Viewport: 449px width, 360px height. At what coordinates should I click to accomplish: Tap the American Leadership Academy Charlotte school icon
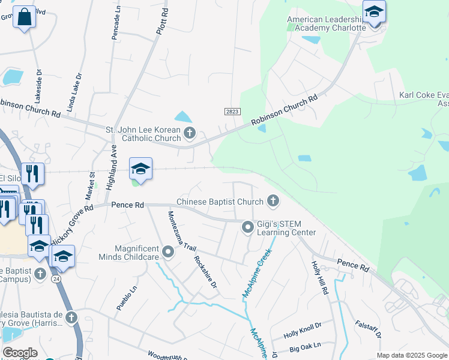point(374,12)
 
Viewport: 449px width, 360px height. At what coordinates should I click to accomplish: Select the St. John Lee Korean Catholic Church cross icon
point(189,133)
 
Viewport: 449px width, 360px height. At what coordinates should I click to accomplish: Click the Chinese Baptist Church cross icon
point(273,200)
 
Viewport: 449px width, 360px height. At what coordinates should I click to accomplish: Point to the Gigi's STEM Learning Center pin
point(247,227)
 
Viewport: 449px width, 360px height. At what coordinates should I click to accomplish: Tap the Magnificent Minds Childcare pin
point(168,252)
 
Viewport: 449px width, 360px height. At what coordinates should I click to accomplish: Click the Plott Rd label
point(161,20)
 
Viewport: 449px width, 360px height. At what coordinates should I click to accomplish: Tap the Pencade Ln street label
point(116,23)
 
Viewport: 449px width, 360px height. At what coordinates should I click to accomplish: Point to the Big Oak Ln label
point(306,347)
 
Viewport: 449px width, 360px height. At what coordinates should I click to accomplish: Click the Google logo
point(20,353)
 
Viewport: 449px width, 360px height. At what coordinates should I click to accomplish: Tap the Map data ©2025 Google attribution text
point(411,355)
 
